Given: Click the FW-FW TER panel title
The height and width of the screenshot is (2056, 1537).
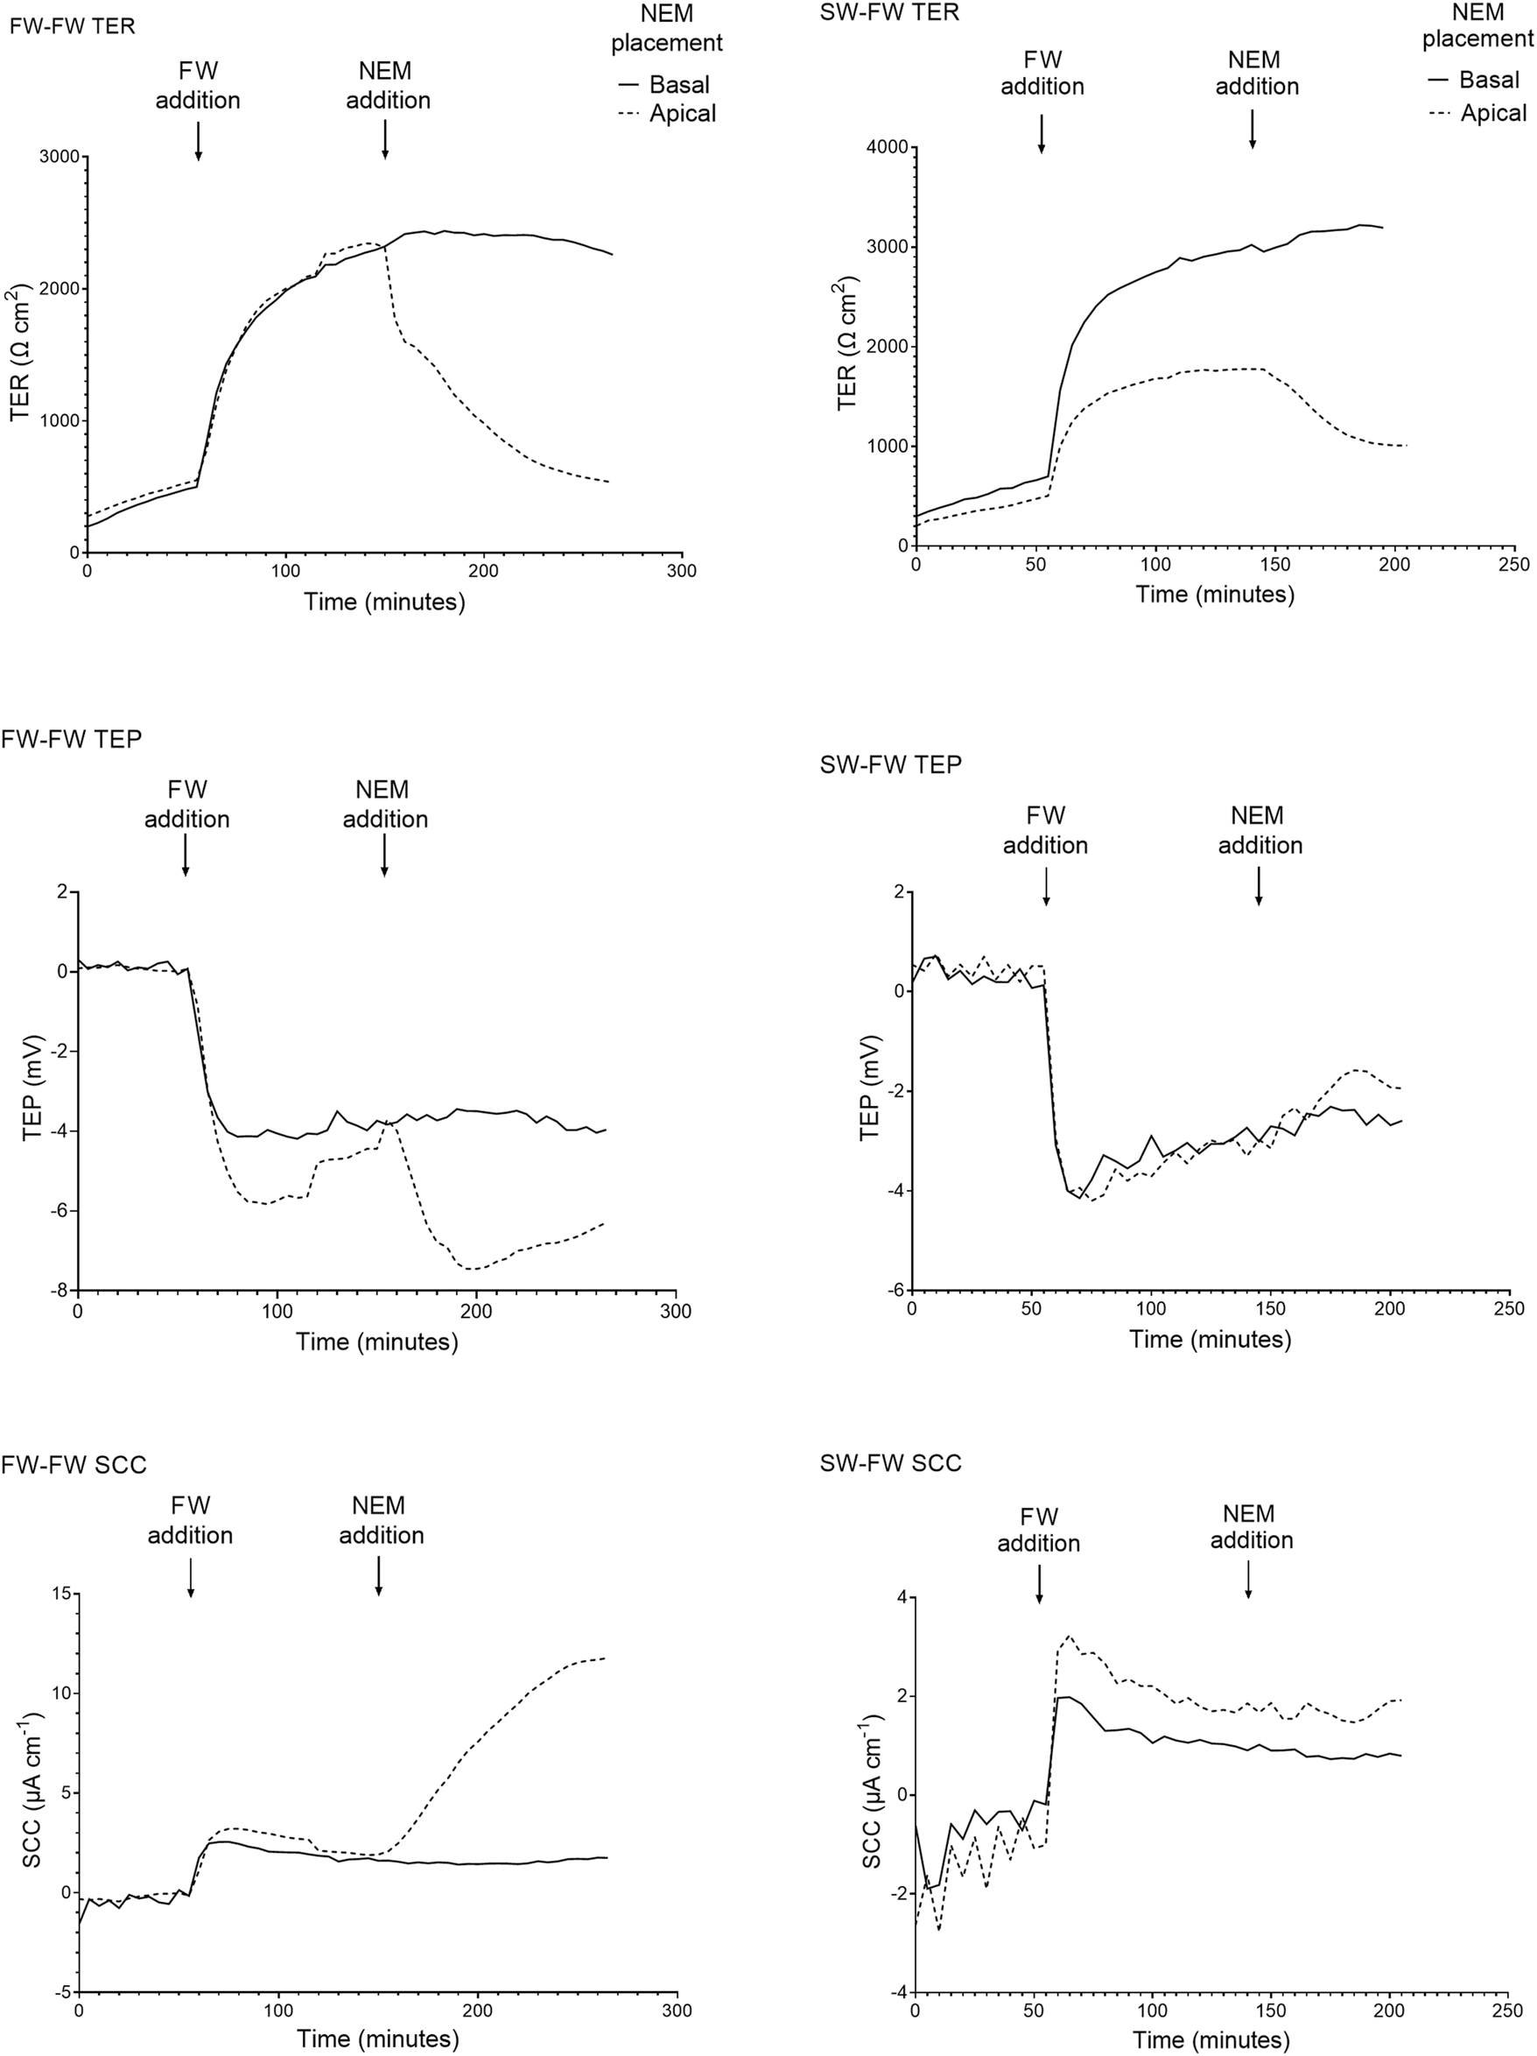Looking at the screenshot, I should pyautogui.click(x=73, y=26).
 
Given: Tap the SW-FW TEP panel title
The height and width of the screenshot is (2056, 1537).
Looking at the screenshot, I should pyautogui.click(x=890, y=764).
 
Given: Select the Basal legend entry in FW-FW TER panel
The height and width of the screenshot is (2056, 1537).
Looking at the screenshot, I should pyautogui.click(x=664, y=85).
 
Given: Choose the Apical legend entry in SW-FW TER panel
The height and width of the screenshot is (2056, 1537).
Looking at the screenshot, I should pyautogui.click(x=1477, y=114).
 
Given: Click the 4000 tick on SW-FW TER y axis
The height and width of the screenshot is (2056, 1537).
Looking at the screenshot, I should pyautogui.click(x=888, y=147).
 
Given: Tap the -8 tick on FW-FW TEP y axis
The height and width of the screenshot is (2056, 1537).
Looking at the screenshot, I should pyautogui.click(x=61, y=1290).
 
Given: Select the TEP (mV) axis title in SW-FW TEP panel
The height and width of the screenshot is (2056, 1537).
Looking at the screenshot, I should pyautogui.click(x=871, y=1088).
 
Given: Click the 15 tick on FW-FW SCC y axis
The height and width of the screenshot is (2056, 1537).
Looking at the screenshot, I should pyautogui.click(x=61, y=1594).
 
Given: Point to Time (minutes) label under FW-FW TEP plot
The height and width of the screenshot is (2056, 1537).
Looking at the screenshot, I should pyautogui.click(x=377, y=1342).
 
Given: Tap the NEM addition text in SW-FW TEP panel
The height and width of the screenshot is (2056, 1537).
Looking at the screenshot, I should pyautogui.click(x=1260, y=830).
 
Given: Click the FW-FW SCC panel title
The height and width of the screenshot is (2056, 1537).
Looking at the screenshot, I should pyautogui.click(x=74, y=1466).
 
